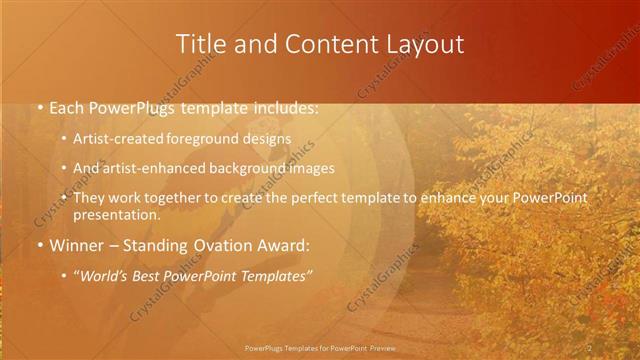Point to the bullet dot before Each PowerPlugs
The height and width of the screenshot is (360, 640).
tap(38, 107)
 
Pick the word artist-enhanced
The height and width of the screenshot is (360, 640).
tap(152, 168)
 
